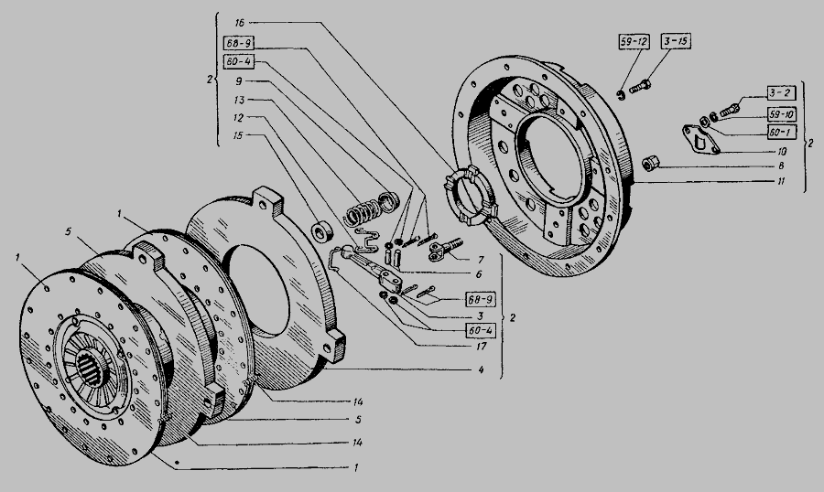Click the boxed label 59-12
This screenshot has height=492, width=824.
pyautogui.click(x=634, y=42)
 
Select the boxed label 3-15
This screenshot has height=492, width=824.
pyautogui.click(x=676, y=41)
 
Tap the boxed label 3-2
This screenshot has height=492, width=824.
pyautogui.click(x=780, y=93)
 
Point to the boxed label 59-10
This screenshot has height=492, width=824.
pyautogui.click(x=782, y=114)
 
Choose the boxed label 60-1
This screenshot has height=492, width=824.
pyautogui.click(x=782, y=132)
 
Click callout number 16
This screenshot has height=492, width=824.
pyautogui.click(x=240, y=23)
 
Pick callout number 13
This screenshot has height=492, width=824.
pyautogui.click(x=239, y=100)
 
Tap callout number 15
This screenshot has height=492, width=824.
pyautogui.click(x=238, y=135)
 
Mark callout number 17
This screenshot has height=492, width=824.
pyautogui.click(x=482, y=346)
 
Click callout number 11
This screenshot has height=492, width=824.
pyautogui.click(x=782, y=181)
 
